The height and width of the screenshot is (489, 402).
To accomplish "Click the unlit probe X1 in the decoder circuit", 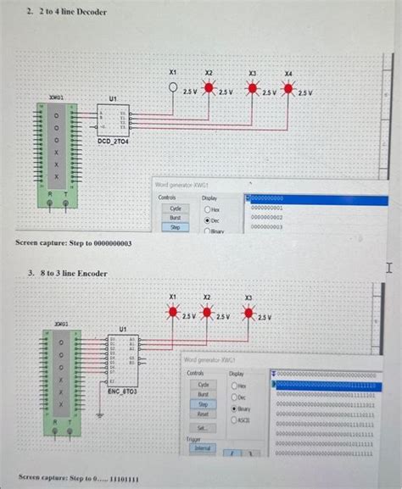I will [172, 88].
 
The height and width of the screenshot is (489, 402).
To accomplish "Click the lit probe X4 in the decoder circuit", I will [289, 90].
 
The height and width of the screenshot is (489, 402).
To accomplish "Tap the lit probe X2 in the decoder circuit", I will [208, 89].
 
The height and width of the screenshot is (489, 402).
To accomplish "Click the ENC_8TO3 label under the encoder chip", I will [122, 392].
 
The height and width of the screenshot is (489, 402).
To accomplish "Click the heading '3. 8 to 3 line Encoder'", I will [67, 274].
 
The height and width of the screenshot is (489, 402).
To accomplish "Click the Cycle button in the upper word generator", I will [176, 208].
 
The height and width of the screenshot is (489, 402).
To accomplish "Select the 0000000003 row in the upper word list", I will [272, 226].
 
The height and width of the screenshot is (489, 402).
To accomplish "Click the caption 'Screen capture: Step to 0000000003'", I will [74, 244].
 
